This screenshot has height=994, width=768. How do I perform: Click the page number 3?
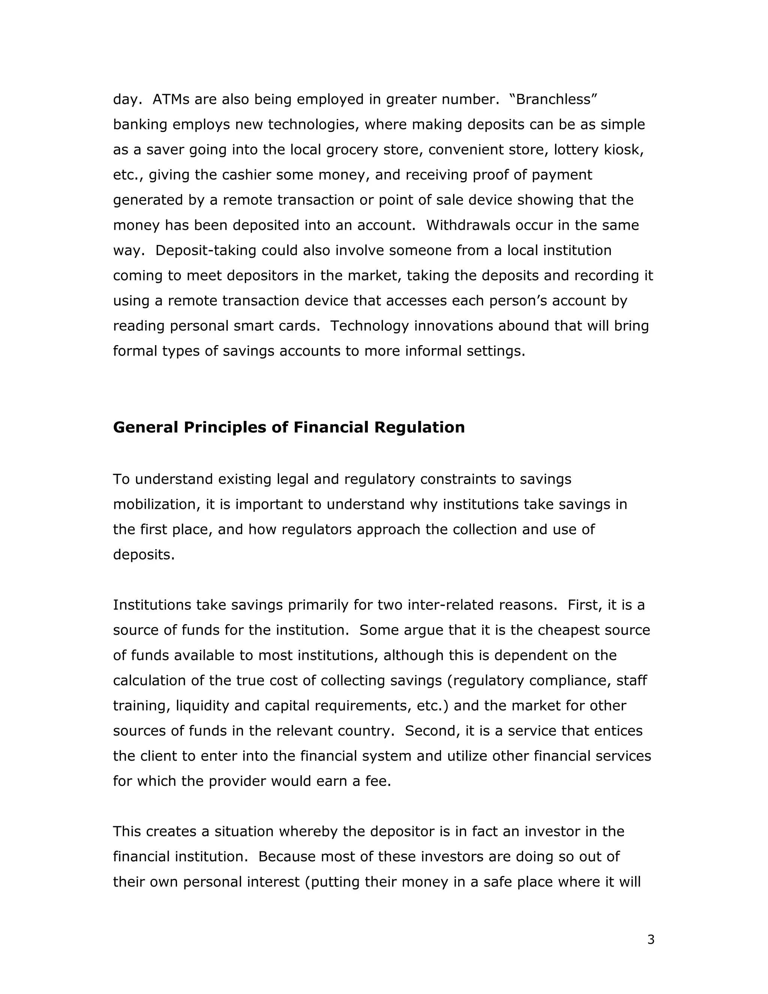(651, 939)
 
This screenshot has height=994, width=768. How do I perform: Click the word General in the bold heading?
(145, 427)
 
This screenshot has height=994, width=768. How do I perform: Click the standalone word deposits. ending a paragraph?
(144, 555)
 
